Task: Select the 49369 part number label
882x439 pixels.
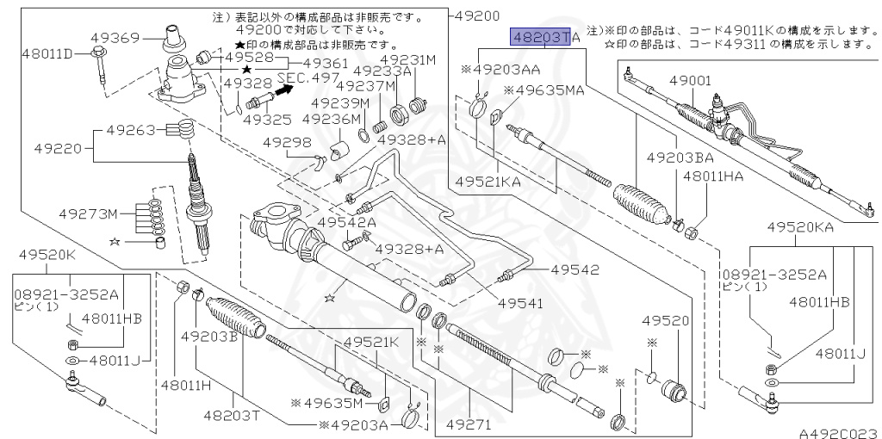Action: pos(115,38)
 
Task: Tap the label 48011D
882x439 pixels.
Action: pos(48,54)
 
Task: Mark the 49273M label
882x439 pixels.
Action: pos(89,213)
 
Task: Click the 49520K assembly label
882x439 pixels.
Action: pos(47,254)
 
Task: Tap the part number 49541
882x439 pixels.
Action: pos(520,304)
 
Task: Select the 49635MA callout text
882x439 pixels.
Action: pos(543,90)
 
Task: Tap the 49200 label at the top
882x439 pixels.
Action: pos(475,15)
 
